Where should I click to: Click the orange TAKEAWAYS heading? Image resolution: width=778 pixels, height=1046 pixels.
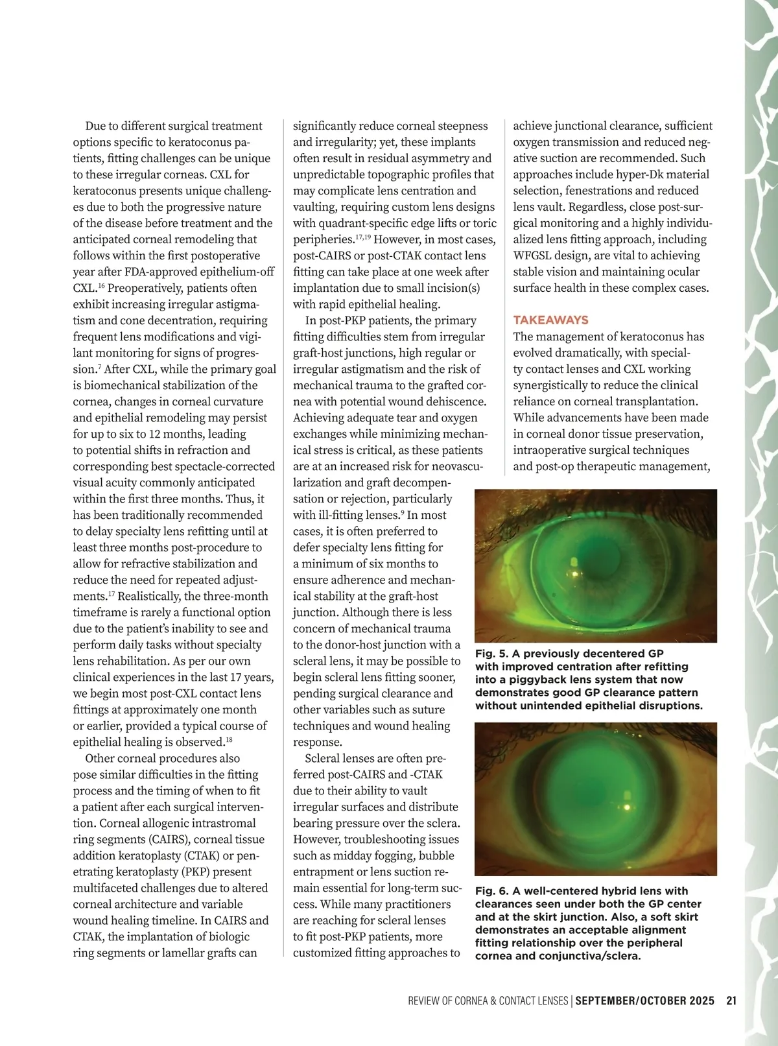[x=550, y=320]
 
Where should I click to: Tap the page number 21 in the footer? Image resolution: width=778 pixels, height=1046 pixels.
[x=731, y=1001]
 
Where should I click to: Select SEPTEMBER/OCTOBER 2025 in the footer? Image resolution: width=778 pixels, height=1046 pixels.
[x=644, y=1001]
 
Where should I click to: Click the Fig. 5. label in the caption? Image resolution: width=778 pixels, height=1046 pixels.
[x=491, y=654]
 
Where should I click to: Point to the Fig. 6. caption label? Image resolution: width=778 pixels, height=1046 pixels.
[x=491, y=891]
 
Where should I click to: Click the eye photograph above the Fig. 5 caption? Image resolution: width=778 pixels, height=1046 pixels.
[x=596, y=565]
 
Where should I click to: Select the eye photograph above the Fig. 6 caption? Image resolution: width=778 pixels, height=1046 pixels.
[x=596, y=799]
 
